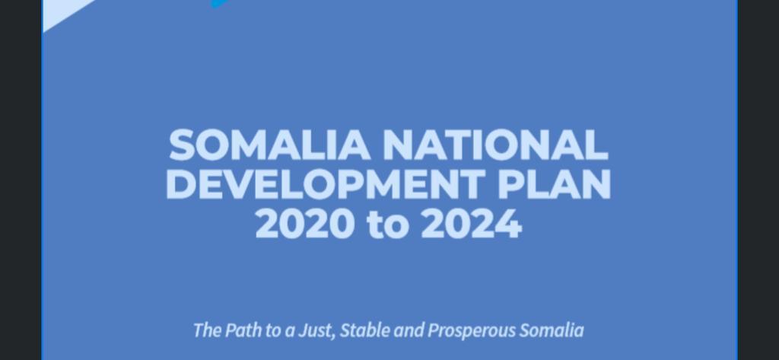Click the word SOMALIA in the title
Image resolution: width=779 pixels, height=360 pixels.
pos(269,145)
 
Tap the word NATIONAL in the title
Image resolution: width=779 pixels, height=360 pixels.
pos(495,145)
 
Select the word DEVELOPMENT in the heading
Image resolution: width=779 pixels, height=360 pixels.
pos(326,184)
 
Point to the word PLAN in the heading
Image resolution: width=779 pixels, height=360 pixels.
pos(554,184)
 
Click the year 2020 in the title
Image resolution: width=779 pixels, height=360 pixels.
pos(305,224)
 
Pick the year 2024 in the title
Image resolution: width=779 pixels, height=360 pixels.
pos(472,224)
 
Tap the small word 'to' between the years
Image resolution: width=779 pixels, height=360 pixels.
pos(388,225)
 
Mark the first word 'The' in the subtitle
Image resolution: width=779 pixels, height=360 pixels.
pos(207,330)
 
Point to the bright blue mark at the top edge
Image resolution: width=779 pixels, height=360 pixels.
pos(219,4)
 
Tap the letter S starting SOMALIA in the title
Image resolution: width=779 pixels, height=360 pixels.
pos(182,145)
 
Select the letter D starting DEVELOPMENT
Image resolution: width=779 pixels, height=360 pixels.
pos(181,184)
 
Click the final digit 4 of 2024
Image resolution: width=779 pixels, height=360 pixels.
pos(509,224)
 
